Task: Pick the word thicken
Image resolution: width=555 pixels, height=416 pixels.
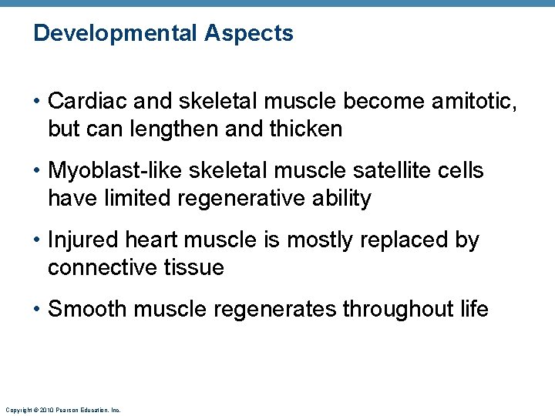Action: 304,129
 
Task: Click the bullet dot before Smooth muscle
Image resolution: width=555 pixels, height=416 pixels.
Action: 38,310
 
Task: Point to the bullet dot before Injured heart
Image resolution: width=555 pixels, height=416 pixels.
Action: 38,240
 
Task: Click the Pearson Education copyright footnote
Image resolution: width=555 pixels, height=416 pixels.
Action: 62,410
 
